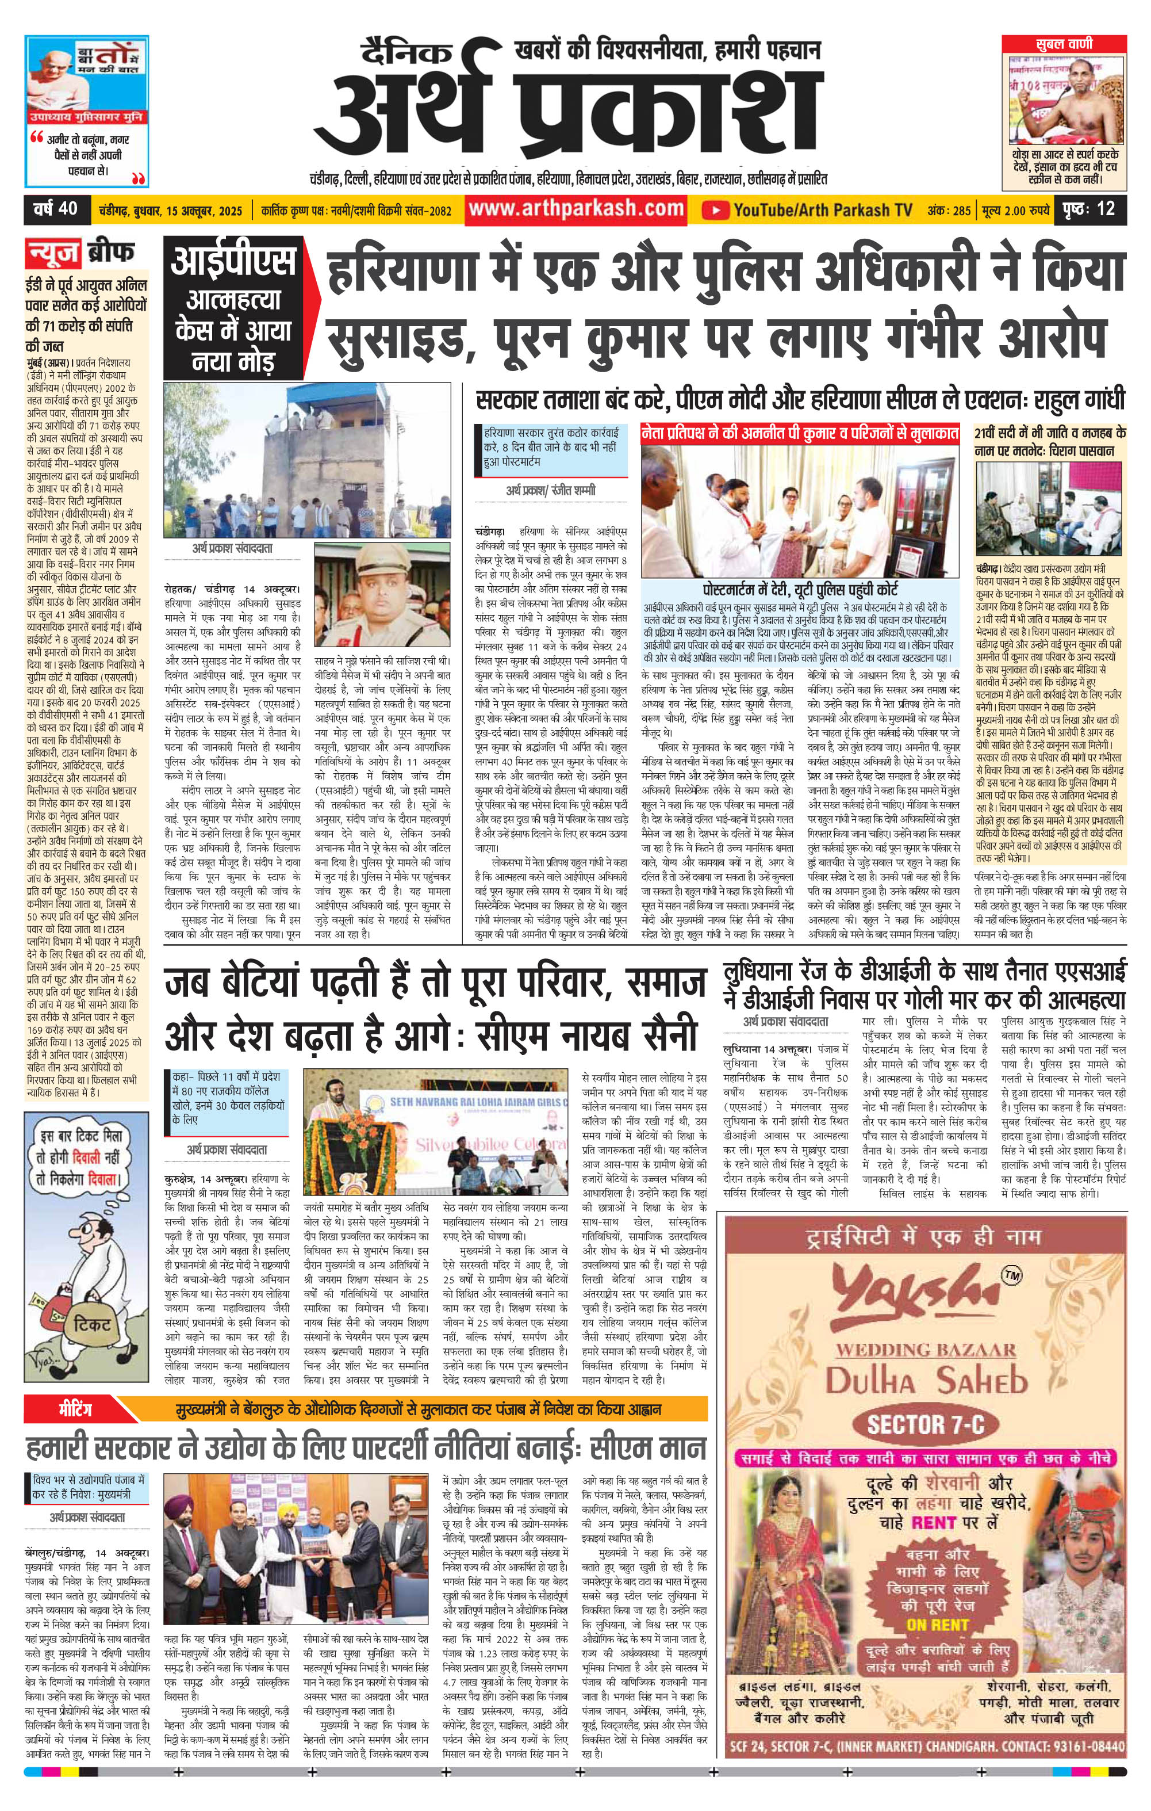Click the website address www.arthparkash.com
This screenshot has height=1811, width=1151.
[576, 209]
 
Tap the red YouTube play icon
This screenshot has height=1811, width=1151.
[716, 210]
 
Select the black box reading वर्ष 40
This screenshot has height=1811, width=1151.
[56, 208]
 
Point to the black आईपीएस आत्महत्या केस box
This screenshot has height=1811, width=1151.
[233, 308]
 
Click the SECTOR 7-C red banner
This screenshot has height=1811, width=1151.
[926, 1423]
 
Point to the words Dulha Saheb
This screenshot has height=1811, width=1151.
[926, 1381]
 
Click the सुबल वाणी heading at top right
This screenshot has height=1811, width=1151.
[1063, 44]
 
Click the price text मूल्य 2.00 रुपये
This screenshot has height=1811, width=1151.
[1015, 210]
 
